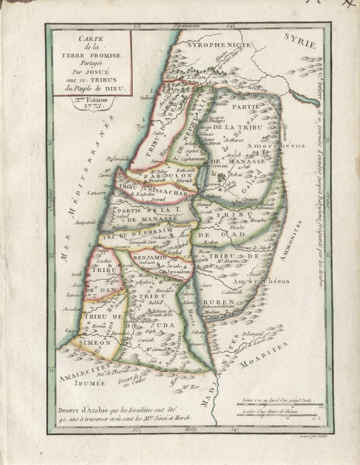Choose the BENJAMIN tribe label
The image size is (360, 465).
pos(149,258)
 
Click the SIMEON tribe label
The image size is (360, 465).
pos(92,342)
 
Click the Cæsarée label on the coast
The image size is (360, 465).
pos(99,191)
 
